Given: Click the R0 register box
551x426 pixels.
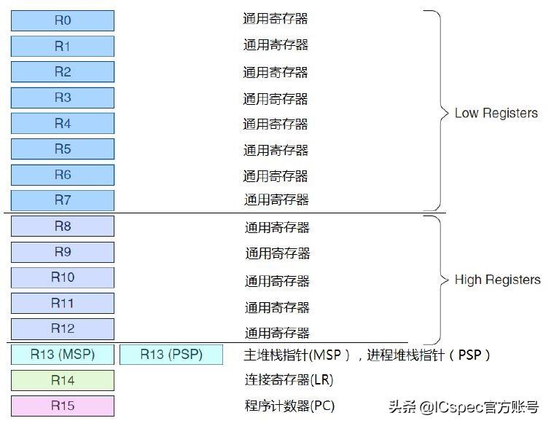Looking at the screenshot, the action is [x=63, y=20].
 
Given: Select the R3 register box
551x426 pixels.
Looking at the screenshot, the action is [x=63, y=98].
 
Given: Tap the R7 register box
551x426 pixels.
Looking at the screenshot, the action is [x=63, y=200].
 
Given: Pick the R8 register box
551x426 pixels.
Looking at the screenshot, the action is [x=63, y=226].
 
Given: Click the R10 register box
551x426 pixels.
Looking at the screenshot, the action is [x=63, y=277].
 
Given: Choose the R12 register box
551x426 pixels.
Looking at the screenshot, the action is [x=63, y=328].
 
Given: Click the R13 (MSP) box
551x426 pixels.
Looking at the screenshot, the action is [x=63, y=355].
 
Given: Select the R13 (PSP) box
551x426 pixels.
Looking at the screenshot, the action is [x=171, y=355].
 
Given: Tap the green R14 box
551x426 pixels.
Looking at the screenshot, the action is [x=63, y=380].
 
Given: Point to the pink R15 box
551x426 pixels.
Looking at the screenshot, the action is [x=63, y=406].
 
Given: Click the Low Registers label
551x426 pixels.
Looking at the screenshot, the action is [x=496, y=113].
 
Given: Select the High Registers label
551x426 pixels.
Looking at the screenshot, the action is [x=498, y=280].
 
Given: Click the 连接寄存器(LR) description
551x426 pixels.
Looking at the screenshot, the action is [x=289, y=379].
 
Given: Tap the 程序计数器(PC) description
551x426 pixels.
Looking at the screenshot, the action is [x=289, y=406].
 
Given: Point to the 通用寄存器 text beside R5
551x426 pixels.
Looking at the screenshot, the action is [x=275, y=150].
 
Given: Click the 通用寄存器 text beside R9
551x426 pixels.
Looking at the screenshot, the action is [x=278, y=253].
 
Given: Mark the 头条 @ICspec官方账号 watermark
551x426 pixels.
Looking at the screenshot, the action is [x=464, y=407].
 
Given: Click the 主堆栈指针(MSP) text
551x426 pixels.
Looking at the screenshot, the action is [x=297, y=355].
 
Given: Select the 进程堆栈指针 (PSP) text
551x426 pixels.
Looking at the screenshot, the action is [x=429, y=355].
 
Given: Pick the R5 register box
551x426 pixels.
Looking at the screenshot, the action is [x=63, y=149].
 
